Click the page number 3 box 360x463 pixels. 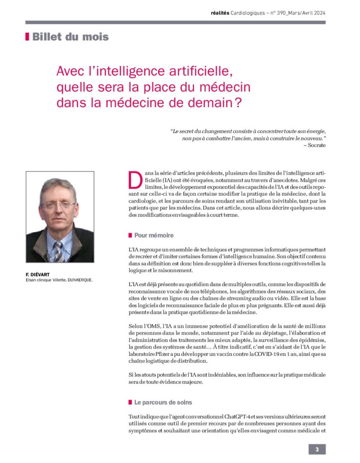[317, 449]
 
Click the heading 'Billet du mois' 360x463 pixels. [70, 37]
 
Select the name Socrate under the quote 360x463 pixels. [317, 145]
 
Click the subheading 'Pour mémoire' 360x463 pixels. [154, 236]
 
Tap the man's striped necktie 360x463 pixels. [58, 251]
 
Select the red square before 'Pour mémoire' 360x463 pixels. [130, 236]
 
